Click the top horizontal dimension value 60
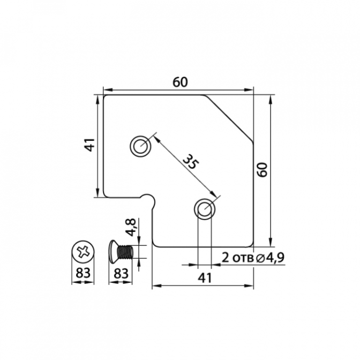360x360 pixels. coord(180,82)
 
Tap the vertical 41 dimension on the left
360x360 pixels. coord(89,145)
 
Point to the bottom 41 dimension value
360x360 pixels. coord(205,278)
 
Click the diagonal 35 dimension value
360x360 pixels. coord(191,162)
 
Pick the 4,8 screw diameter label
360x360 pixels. coord(131,227)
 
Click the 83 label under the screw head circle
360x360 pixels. coord(83,273)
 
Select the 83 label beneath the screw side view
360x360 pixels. coord(121,273)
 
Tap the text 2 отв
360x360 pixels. coord(238,258)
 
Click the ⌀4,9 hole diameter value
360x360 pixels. coord(270,258)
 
